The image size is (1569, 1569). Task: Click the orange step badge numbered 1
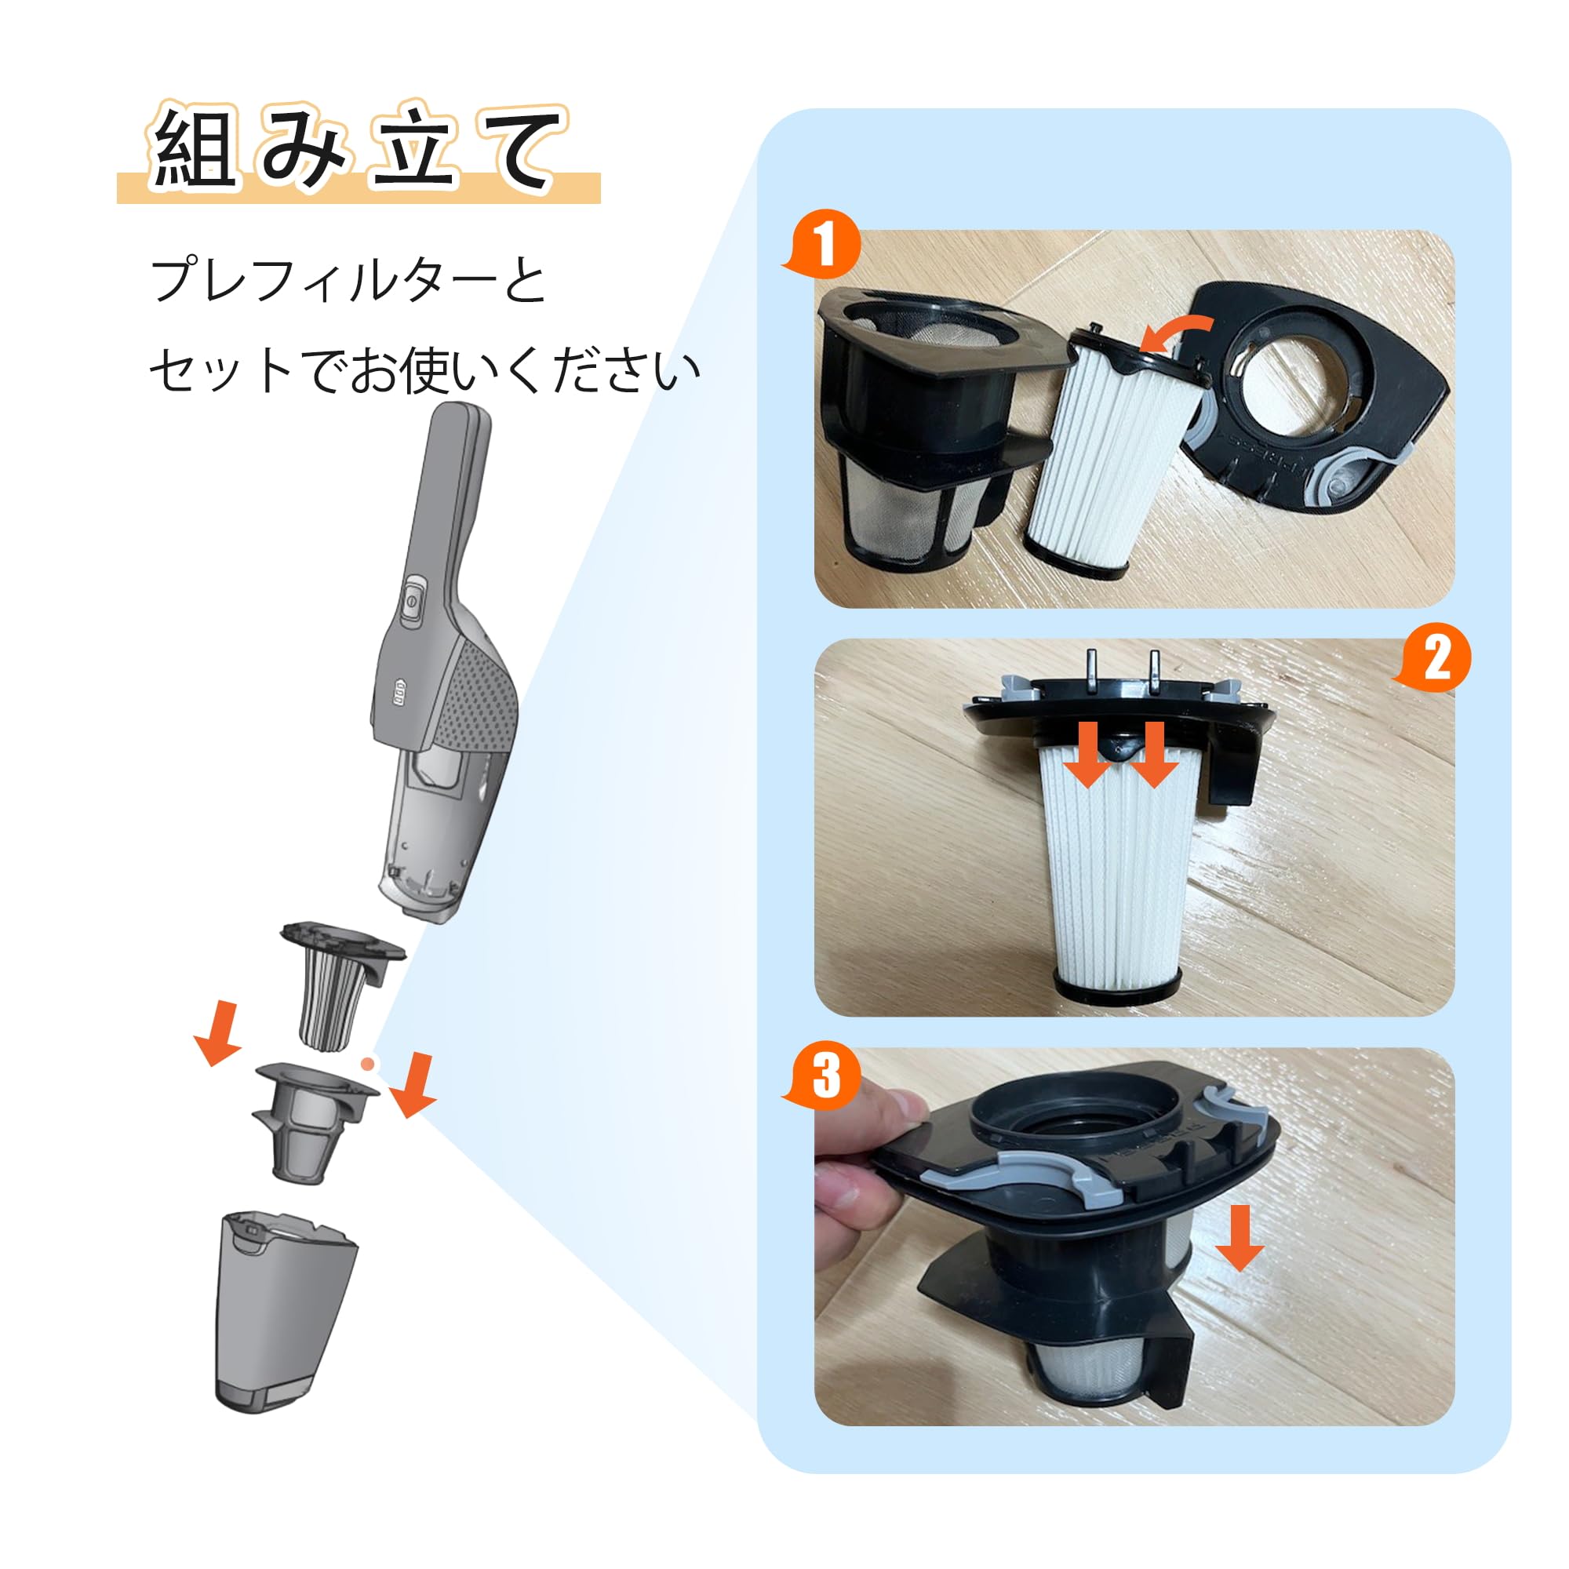pos(825,244)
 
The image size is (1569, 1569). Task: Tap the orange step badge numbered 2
pos(1436,658)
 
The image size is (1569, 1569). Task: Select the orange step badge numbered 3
pos(825,1076)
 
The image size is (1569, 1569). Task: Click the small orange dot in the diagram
pos(368,1064)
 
